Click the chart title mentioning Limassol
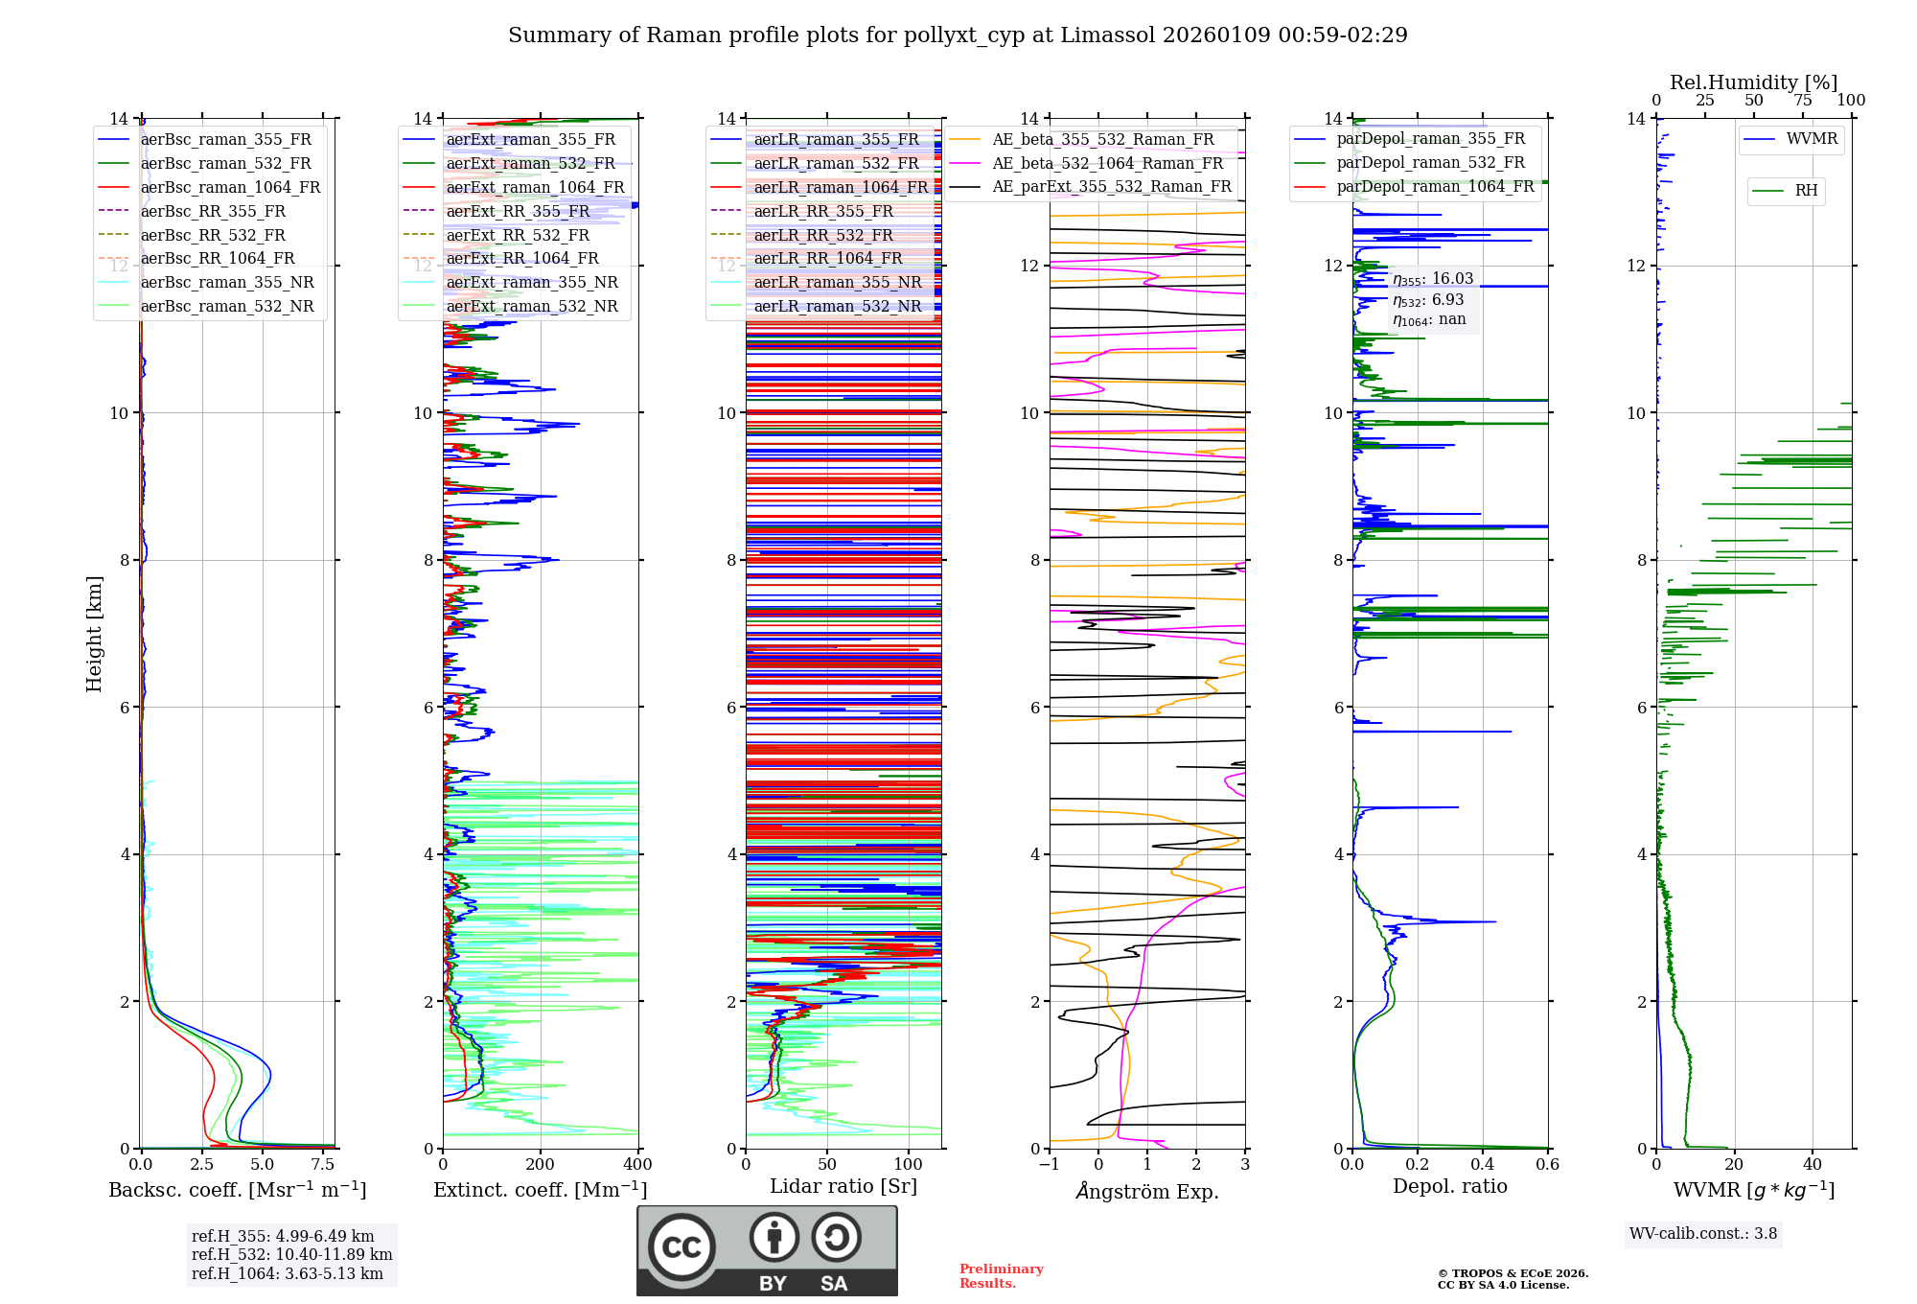point(958,35)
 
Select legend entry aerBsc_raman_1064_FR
point(230,187)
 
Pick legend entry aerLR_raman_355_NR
point(837,282)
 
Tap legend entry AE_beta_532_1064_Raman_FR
point(1107,163)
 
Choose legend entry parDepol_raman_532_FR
point(1430,163)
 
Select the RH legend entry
point(1806,191)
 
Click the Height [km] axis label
point(94,634)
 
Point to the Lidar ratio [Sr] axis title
point(843,1186)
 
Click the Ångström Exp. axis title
point(1147,1191)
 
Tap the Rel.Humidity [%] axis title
point(1753,82)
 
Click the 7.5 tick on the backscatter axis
point(323,1165)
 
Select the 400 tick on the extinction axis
point(637,1165)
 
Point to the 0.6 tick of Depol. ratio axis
point(1547,1165)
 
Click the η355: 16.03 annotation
point(1433,279)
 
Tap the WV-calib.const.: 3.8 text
point(1703,1234)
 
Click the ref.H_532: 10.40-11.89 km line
point(291,1254)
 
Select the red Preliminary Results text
point(1001,1276)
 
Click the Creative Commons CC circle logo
point(681,1247)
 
